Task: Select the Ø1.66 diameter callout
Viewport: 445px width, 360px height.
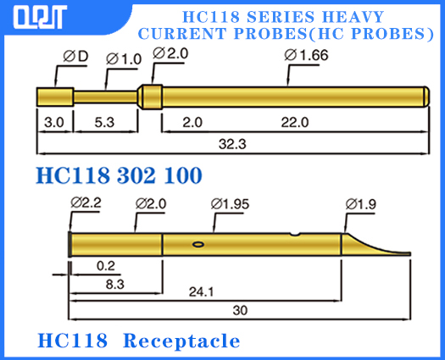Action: coord(306,56)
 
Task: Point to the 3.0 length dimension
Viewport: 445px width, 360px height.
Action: coord(53,123)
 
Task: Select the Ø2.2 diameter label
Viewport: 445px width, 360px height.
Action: coord(87,203)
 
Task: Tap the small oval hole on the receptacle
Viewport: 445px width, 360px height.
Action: coord(198,244)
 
